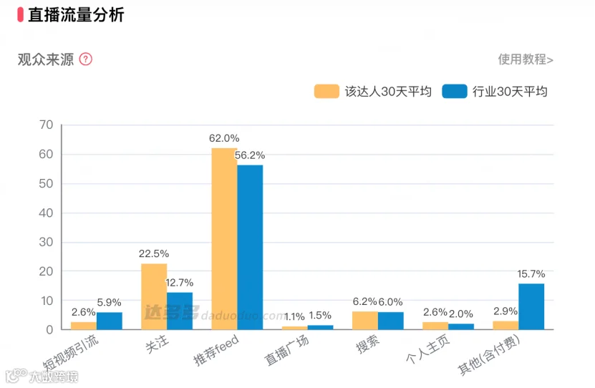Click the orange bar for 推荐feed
224,239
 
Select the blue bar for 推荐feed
250,247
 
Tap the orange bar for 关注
154,296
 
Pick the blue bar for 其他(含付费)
531,306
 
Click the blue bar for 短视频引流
110,321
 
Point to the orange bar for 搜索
365,321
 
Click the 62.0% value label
224,138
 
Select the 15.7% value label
531,274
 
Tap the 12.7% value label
180,283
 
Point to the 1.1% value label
294,316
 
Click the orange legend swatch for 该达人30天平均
326,92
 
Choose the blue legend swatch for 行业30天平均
455,92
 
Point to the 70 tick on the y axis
46,125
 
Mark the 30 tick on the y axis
46,242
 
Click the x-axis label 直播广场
286,350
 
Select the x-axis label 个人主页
428,349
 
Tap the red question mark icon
86,59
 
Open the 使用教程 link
526,59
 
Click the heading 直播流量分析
76,15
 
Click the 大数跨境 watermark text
54,377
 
